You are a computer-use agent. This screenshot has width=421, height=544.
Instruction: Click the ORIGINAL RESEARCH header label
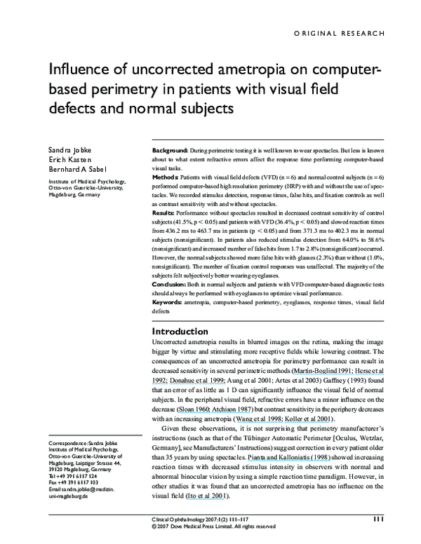(339, 33)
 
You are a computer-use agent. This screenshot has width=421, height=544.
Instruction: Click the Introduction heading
(185, 331)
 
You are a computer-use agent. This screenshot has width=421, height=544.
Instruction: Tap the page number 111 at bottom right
(377, 520)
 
